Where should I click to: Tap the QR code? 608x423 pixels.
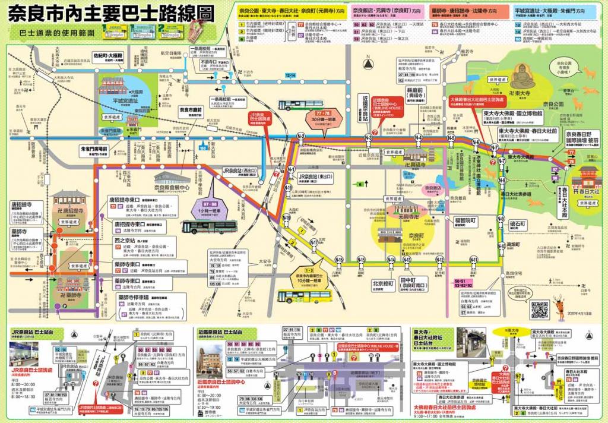(x=539, y=310)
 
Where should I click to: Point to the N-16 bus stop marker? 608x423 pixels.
(x=339, y=260)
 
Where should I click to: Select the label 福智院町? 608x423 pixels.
(x=465, y=220)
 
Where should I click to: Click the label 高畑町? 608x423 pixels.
(x=518, y=244)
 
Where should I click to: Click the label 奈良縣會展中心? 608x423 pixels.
(x=172, y=188)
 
